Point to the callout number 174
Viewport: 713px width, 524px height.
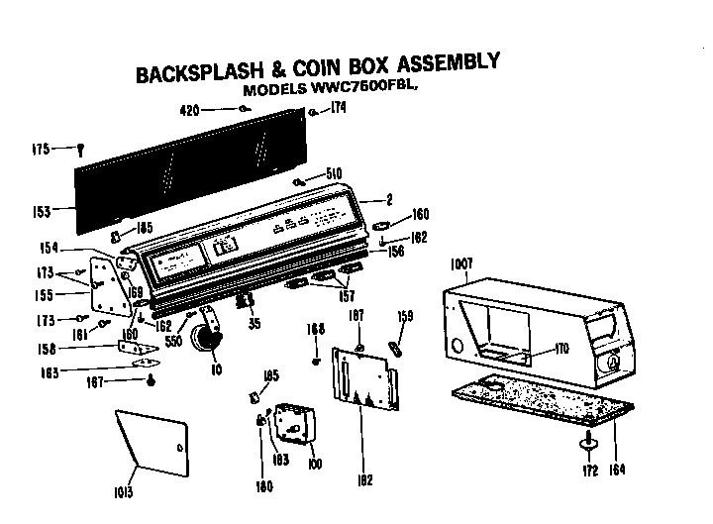pyautogui.click(x=338, y=109)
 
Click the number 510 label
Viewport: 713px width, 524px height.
pyautogui.click(x=334, y=174)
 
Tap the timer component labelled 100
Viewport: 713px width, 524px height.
pyautogui.click(x=291, y=424)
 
